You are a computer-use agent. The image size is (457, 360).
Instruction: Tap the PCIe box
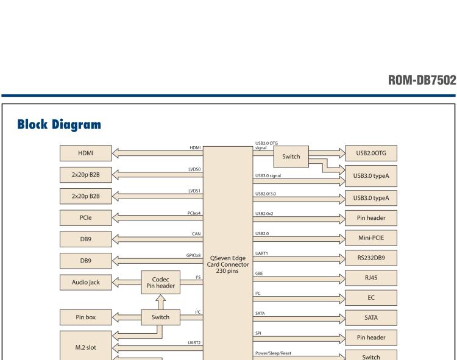[86, 217]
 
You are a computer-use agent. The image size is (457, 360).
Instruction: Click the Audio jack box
[86, 281]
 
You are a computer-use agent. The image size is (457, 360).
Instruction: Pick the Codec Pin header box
[161, 282]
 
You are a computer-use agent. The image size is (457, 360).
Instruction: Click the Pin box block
[86, 317]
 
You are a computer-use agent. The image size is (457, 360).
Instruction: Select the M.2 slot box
[86, 345]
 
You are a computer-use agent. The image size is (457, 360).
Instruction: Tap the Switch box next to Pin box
[161, 317]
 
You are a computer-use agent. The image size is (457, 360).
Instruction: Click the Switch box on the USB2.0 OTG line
[291, 157]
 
